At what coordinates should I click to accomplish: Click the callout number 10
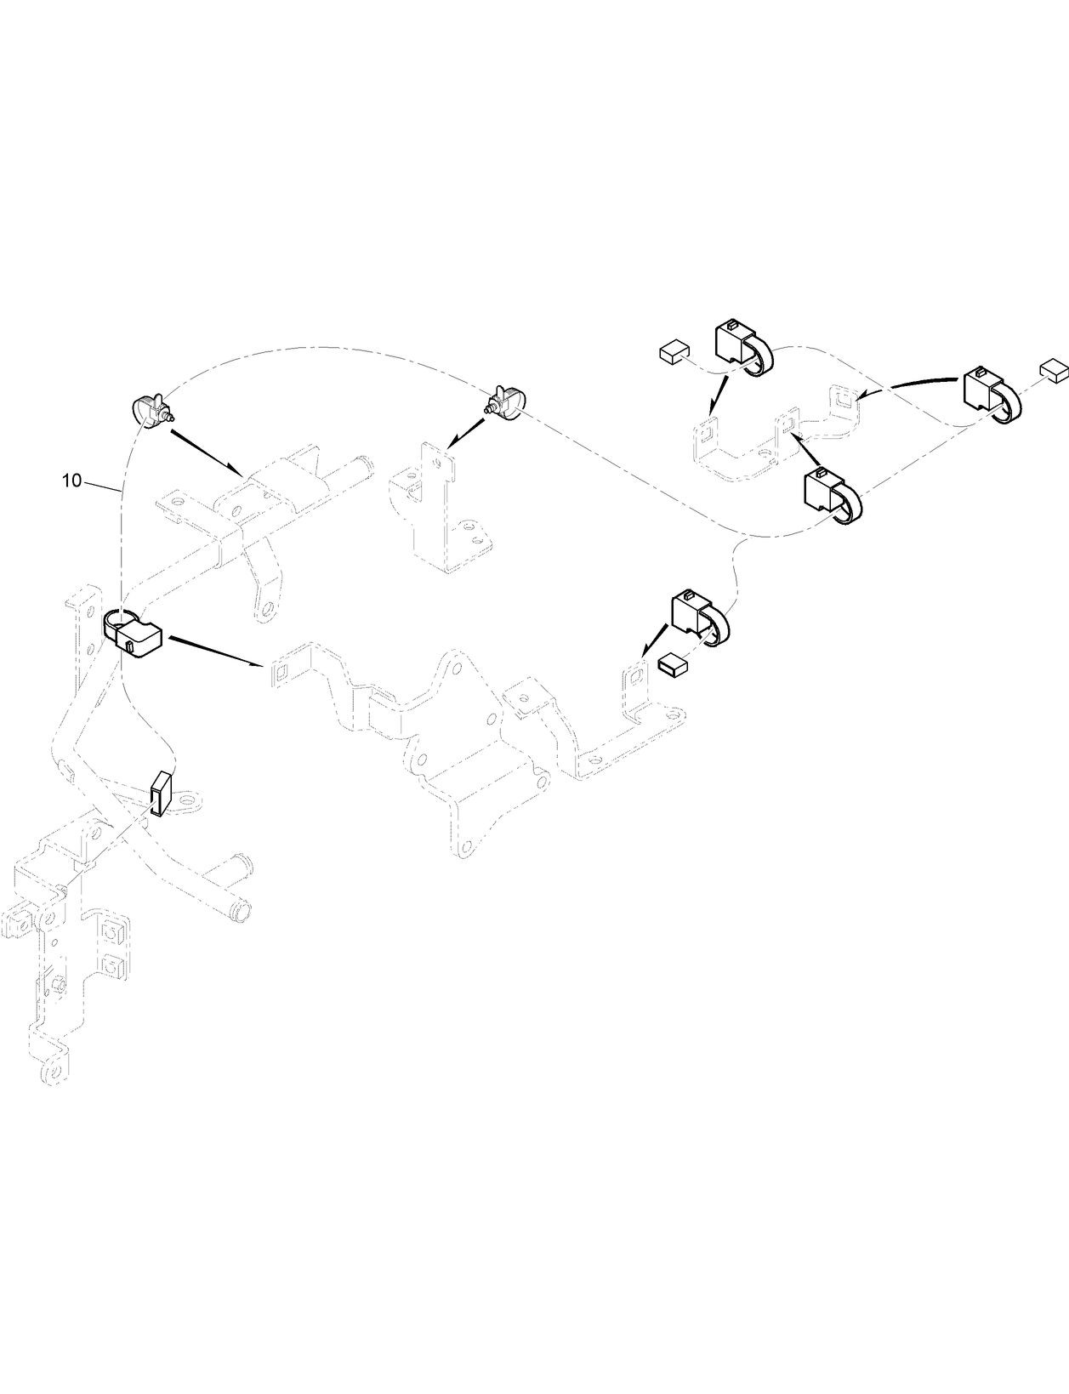tap(71, 481)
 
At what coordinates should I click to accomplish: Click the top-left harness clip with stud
tap(151, 412)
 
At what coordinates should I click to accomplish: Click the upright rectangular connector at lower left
tap(161, 793)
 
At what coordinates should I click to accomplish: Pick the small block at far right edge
tap(1054, 368)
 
